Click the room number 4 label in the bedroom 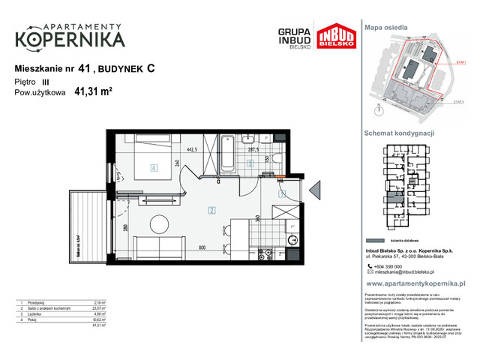pyautogui.click(x=153, y=169)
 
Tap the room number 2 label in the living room pyautogui.click(x=212, y=210)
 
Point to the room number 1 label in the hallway pyautogui.click(x=282, y=193)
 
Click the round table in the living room pyautogui.click(x=158, y=224)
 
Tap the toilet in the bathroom pyautogui.click(x=276, y=157)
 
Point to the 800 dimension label pyautogui.click(x=202, y=247)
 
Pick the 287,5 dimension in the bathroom pyautogui.click(x=253, y=150)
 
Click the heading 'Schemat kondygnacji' pyautogui.click(x=399, y=132)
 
